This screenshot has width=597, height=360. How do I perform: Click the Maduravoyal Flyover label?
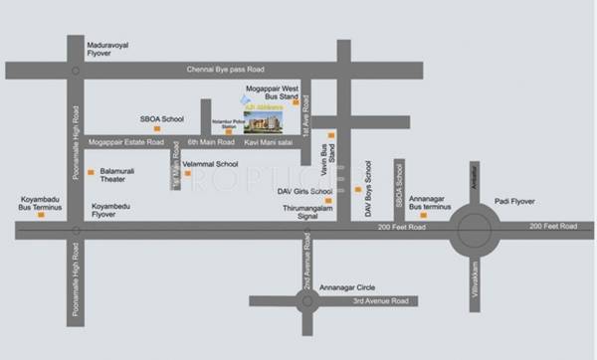pos(113,49)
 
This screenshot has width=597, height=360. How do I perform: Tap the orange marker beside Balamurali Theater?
pos(91,173)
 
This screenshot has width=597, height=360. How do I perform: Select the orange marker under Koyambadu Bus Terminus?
pos(41,214)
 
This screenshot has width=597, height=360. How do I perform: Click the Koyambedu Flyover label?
pos(111,210)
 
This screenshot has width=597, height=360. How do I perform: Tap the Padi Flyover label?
pos(513,201)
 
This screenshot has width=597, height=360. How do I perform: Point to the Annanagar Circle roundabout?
pos(307,299)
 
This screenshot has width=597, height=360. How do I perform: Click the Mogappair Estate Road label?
pos(128,142)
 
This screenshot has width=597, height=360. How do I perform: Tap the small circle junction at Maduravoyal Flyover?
pos(76,71)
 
